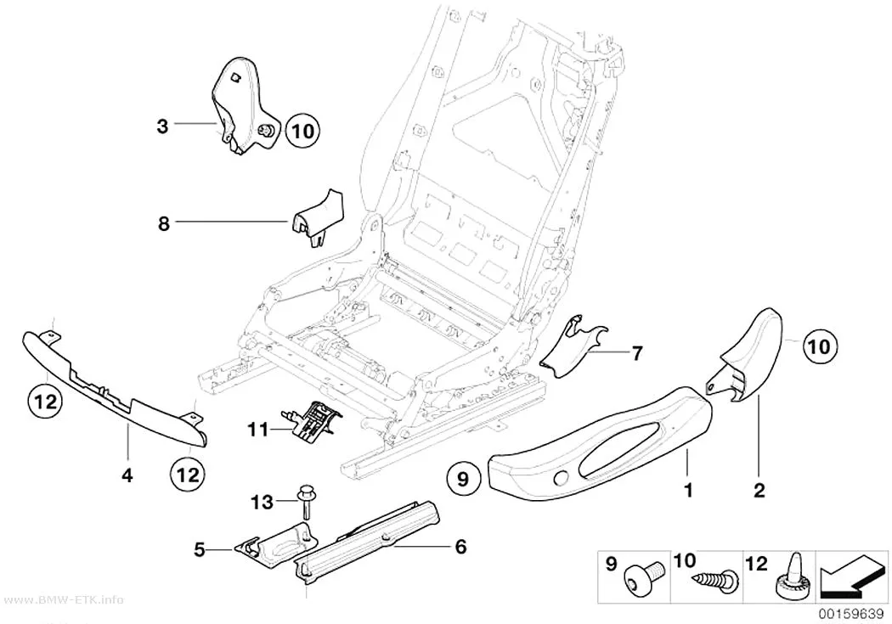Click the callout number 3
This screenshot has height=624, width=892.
(163, 125)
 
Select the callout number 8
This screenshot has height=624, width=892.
(164, 224)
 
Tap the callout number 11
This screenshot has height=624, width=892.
(257, 429)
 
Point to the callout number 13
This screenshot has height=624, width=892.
(263, 502)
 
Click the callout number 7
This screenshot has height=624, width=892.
(637, 353)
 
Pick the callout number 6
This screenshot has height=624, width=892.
(460, 547)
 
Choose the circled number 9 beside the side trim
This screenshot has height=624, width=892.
(463, 479)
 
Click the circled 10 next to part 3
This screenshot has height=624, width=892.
(302, 132)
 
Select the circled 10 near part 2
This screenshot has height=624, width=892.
(820, 346)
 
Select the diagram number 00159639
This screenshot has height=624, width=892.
(851, 614)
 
